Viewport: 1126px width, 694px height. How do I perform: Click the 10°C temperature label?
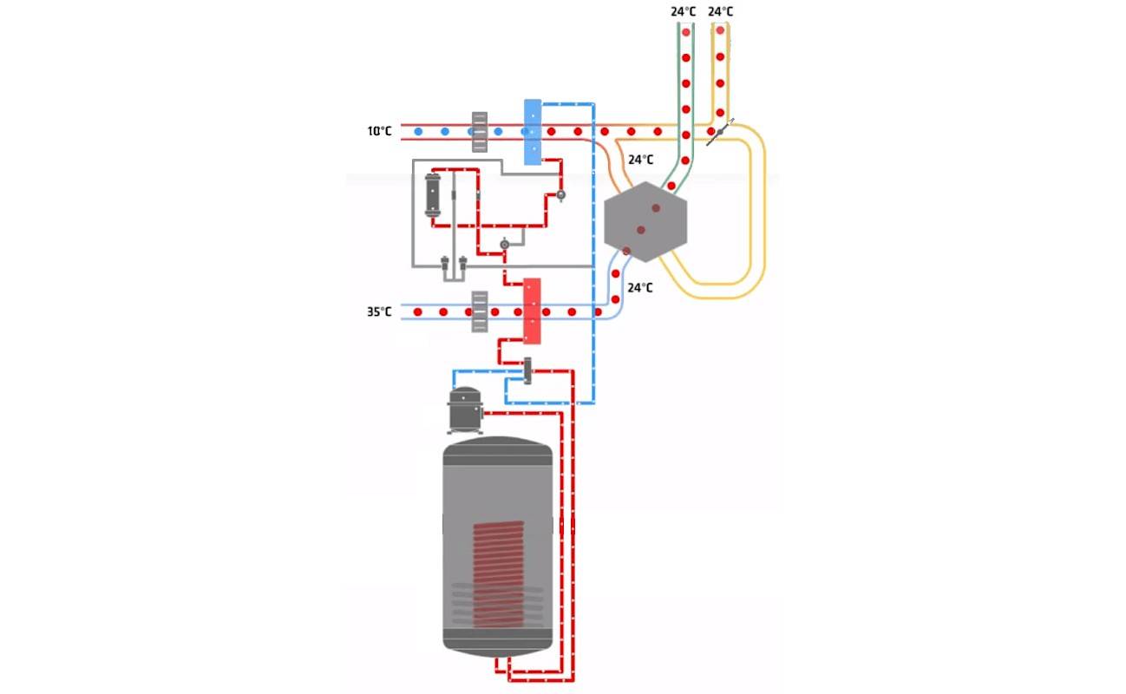pyautogui.click(x=379, y=132)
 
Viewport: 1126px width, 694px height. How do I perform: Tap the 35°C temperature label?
pyautogui.click(x=379, y=311)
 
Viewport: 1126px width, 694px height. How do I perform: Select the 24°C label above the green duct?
pyautogui.click(x=684, y=11)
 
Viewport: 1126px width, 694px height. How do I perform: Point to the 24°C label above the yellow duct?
pyautogui.click(x=721, y=11)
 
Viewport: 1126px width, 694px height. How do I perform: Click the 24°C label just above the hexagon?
pyautogui.click(x=640, y=160)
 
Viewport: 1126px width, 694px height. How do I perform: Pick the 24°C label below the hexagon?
pyautogui.click(x=640, y=287)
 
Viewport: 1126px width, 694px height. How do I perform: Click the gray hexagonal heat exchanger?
pyautogui.click(x=645, y=221)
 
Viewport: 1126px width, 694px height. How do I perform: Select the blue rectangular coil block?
pyautogui.click(x=533, y=132)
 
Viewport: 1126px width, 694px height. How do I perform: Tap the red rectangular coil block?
pyautogui.click(x=532, y=311)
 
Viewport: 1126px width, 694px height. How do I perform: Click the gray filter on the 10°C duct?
pyautogui.click(x=480, y=132)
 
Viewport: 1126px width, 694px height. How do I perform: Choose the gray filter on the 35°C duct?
pyautogui.click(x=480, y=311)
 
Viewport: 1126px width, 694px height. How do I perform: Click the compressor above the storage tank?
pyautogui.click(x=465, y=409)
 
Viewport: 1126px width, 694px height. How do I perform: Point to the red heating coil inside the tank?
pyautogui.click(x=498, y=573)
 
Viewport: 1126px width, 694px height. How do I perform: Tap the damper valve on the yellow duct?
pyautogui.click(x=720, y=132)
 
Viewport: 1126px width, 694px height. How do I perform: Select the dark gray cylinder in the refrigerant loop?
pyautogui.click(x=433, y=195)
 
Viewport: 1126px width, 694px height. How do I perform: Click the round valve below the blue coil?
pyautogui.click(x=560, y=195)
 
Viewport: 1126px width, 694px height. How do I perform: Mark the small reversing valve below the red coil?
pyautogui.click(x=527, y=370)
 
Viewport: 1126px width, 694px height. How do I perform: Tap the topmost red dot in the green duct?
pyautogui.click(x=686, y=32)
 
